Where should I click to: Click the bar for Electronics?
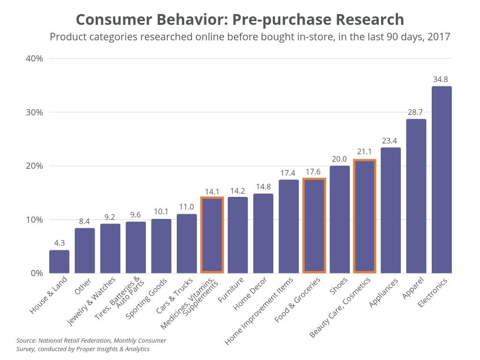(x=442, y=180)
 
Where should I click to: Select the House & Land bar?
(x=59, y=262)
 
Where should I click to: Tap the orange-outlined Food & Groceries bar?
(x=314, y=225)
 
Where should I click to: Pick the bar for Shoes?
(x=339, y=219)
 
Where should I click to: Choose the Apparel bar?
(x=416, y=196)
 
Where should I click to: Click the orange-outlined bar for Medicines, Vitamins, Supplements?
(x=212, y=235)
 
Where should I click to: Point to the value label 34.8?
(x=440, y=80)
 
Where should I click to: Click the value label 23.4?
(x=389, y=141)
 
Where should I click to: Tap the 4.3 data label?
(x=59, y=243)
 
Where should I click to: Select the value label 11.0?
(x=187, y=207)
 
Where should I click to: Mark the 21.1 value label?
(x=364, y=151)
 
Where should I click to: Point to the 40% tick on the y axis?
(x=34, y=59)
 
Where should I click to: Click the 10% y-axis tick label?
(x=34, y=220)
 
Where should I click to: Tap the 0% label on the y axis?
(x=37, y=273)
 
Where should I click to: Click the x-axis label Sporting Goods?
(x=146, y=299)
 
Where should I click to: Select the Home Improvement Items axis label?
(x=259, y=311)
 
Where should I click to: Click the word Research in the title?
(x=370, y=20)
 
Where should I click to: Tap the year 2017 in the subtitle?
(x=439, y=37)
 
